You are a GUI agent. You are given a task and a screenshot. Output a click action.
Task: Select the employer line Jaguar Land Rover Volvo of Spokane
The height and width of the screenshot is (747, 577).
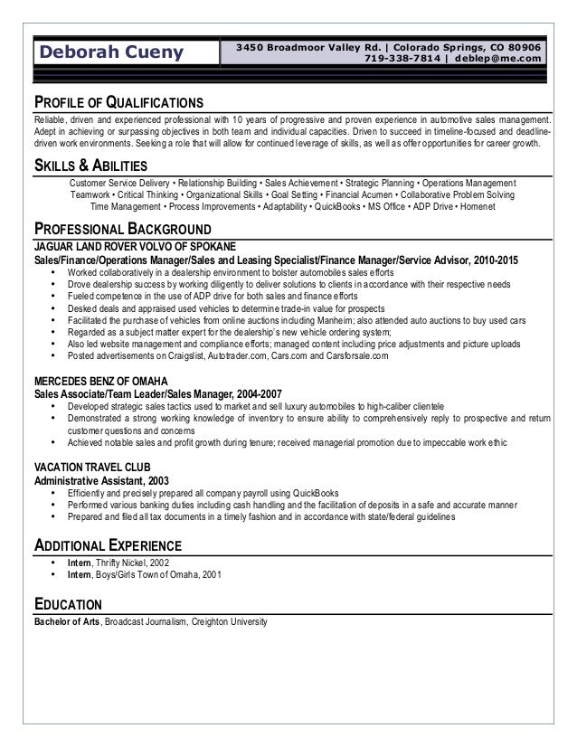pyautogui.click(x=135, y=246)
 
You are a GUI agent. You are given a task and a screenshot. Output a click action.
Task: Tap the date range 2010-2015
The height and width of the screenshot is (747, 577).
pyautogui.click(x=494, y=260)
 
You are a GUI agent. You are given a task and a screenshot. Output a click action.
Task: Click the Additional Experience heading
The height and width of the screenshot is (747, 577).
pyautogui.click(x=109, y=545)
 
